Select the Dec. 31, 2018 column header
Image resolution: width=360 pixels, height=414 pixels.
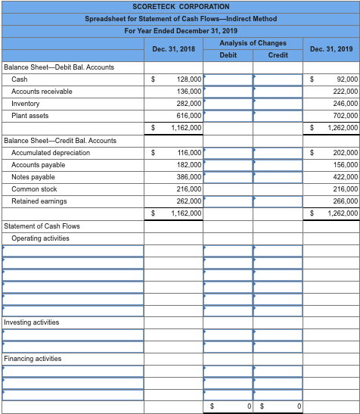pyautogui.click(x=173, y=49)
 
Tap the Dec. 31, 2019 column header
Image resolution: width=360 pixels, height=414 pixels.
pyautogui.click(x=331, y=49)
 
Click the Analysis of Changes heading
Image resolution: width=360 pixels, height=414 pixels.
pyautogui.click(x=253, y=43)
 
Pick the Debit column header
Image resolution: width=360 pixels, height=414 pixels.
pyautogui.click(x=228, y=55)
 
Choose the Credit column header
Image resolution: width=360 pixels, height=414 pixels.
pyautogui.click(x=278, y=55)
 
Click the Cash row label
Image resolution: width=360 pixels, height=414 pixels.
pyautogui.click(x=20, y=79)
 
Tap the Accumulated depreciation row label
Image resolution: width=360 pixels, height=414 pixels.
pyautogui.click(x=51, y=153)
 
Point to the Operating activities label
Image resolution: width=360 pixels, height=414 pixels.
pyautogui.click(x=40, y=238)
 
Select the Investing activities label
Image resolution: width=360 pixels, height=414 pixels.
pyautogui.click(x=31, y=322)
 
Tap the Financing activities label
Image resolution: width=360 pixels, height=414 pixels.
pyautogui.click(x=33, y=359)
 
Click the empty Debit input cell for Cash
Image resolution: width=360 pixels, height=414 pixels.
pyautogui.click(x=228, y=79)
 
